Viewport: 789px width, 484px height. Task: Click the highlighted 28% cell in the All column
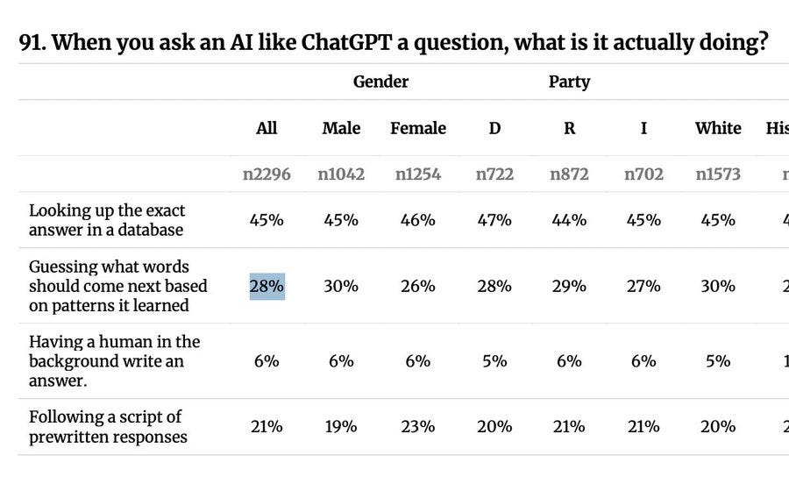tap(267, 286)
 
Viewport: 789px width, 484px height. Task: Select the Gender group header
tap(380, 82)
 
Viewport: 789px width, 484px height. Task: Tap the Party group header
tap(569, 82)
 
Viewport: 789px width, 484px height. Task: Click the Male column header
tap(341, 128)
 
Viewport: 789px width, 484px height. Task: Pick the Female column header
tap(417, 128)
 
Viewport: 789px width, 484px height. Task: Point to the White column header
tap(718, 128)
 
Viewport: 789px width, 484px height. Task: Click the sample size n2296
tap(267, 174)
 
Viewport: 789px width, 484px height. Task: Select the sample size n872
tap(569, 174)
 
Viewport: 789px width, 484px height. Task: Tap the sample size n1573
tap(718, 174)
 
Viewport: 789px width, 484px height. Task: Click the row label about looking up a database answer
tap(107, 219)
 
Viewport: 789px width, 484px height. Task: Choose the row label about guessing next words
tap(117, 286)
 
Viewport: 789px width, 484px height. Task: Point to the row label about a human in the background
tap(114, 360)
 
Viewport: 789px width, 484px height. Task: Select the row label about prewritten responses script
tap(108, 426)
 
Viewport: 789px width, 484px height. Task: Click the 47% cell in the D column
tap(494, 219)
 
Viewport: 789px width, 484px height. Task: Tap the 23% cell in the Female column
tap(417, 426)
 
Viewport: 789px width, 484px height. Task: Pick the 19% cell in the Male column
tap(341, 426)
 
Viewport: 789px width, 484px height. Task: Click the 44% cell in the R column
tap(569, 219)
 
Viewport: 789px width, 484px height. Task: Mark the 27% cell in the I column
tap(643, 286)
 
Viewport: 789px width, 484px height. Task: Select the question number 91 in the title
tap(32, 44)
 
